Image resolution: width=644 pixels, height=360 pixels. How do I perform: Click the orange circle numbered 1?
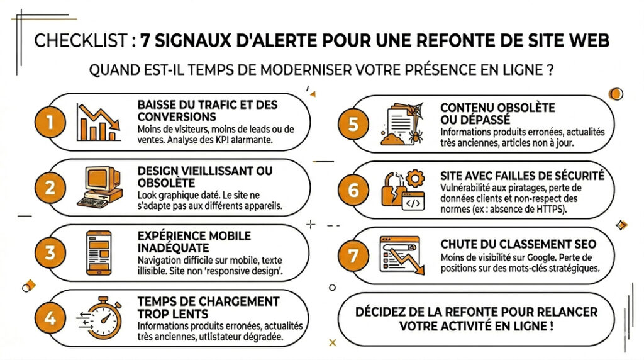point(50,122)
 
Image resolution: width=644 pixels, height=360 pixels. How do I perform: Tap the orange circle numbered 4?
point(50,318)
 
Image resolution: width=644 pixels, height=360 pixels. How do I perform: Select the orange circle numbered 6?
point(353,190)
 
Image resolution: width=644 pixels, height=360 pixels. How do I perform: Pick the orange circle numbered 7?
point(353,256)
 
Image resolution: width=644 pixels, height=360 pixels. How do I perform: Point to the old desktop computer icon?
point(100,187)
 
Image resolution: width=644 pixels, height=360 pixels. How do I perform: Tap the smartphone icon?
point(99,253)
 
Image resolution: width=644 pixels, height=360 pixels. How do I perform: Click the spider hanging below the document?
point(416,136)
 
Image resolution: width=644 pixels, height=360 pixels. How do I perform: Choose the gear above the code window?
point(415,179)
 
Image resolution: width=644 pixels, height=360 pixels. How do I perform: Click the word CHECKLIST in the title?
point(81,41)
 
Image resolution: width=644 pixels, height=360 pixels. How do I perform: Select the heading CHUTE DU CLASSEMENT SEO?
point(518,244)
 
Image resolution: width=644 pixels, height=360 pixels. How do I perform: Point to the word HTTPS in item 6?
point(550,209)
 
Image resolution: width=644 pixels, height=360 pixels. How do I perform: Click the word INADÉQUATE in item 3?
point(174,248)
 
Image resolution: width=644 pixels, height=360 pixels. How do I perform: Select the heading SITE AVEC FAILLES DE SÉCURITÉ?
point(523,176)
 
